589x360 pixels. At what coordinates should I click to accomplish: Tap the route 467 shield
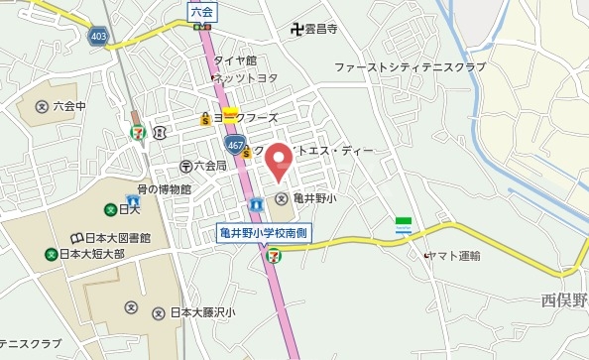click(235, 145)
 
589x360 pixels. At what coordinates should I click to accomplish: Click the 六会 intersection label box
click(200, 12)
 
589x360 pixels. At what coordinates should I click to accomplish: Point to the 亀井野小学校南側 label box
click(265, 233)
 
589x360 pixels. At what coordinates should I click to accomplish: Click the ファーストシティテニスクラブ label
click(410, 66)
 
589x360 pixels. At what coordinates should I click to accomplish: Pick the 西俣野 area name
click(564, 301)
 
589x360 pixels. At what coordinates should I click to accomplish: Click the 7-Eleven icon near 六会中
click(139, 129)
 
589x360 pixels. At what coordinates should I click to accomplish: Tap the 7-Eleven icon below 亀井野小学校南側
click(272, 255)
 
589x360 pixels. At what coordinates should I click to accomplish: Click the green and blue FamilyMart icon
click(404, 223)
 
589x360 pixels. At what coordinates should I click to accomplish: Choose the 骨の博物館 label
click(164, 188)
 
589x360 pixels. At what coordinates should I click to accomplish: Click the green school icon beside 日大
click(109, 209)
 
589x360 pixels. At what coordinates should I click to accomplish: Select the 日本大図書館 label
click(116, 238)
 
